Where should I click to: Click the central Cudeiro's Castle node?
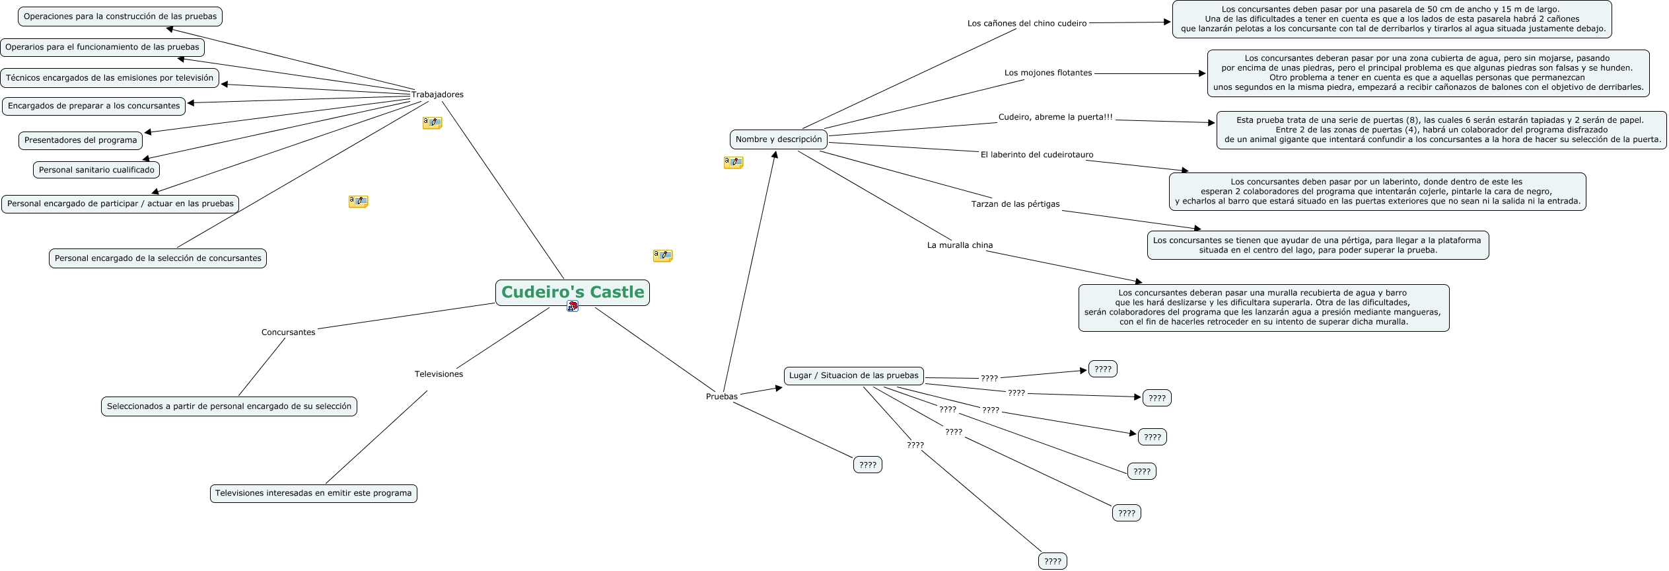(x=572, y=292)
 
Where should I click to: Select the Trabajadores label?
(x=437, y=95)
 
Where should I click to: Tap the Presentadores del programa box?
(x=81, y=140)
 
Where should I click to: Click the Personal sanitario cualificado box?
(x=96, y=170)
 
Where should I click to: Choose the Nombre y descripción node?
(x=779, y=139)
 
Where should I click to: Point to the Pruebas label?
(x=721, y=397)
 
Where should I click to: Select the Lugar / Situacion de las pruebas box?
(x=853, y=375)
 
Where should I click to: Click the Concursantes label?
(x=288, y=332)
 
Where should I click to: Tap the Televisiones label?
(x=439, y=374)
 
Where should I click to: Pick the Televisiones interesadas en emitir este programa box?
(x=313, y=493)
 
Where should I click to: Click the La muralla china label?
(x=960, y=245)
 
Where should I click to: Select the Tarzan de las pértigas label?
(x=1015, y=204)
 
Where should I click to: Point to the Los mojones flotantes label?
(x=1048, y=73)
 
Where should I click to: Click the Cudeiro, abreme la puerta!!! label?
(x=1055, y=117)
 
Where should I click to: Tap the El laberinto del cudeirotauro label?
(x=1036, y=155)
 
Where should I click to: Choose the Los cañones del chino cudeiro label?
(x=1026, y=23)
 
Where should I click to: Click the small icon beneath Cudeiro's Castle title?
(x=573, y=307)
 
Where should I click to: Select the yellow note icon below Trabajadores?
(x=432, y=123)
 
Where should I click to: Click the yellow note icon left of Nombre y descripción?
(x=733, y=162)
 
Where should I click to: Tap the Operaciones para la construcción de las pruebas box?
(x=120, y=17)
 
